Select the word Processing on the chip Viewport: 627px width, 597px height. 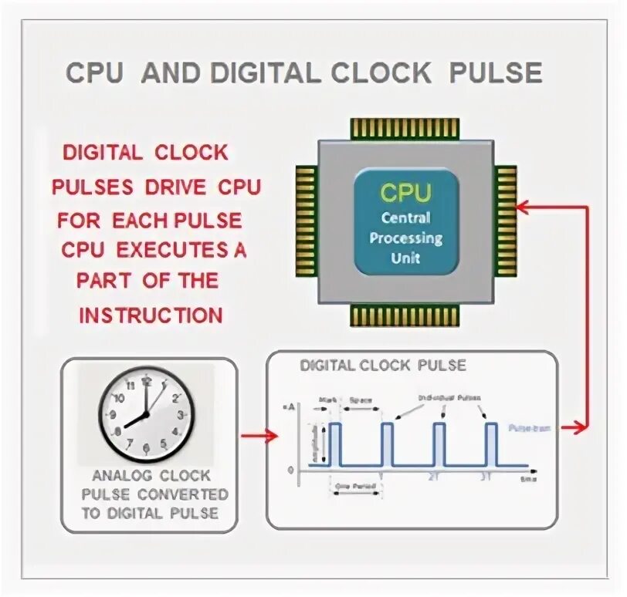(x=405, y=238)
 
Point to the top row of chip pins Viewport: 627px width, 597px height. (x=405, y=129)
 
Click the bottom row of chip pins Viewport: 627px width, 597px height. (x=405, y=314)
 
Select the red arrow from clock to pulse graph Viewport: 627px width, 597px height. (x=259, y=436)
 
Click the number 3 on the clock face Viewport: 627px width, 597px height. (x=181, y=416)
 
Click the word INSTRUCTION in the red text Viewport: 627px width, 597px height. (x=151, y=315)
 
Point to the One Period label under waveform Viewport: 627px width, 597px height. (x=354, y=486)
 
